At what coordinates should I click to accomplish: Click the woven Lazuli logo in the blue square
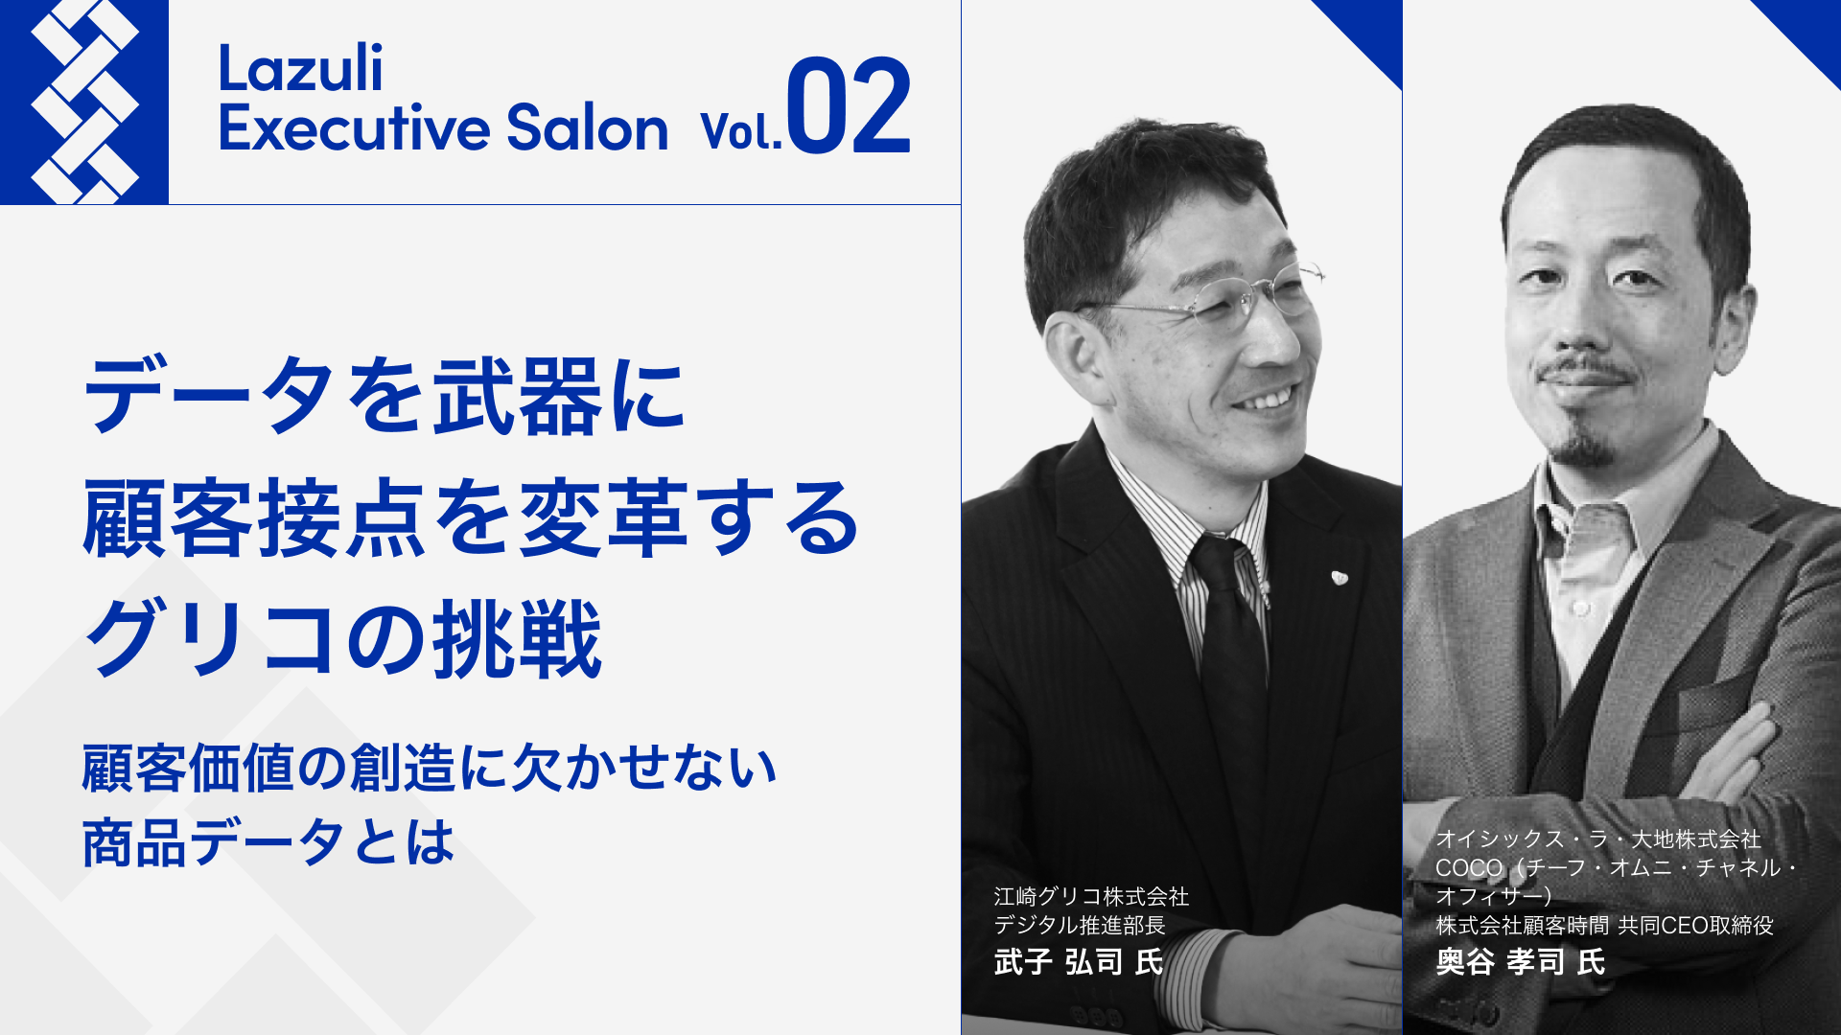tap(84, 102)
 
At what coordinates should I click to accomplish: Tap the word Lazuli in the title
tap(300, 68)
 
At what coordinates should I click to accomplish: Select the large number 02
tap(849, 105)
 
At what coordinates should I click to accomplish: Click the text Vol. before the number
tap(741, 131)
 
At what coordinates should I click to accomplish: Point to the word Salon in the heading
tap(587, 127)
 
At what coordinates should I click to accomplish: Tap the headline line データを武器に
tap(385, 395)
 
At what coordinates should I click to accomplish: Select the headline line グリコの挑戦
tap(343, 639)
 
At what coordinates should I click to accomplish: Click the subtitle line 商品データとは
tap(268, 842)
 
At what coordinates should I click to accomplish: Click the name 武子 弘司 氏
tap(1079, 961)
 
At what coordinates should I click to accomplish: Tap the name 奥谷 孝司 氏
tap(1521, 961)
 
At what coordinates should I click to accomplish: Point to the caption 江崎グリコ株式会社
tap(1091, 896)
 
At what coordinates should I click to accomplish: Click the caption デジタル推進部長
tap(1080, 925)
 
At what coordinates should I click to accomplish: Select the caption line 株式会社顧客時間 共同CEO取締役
tap(1604, 925)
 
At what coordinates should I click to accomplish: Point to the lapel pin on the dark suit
tap(1340, 577)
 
